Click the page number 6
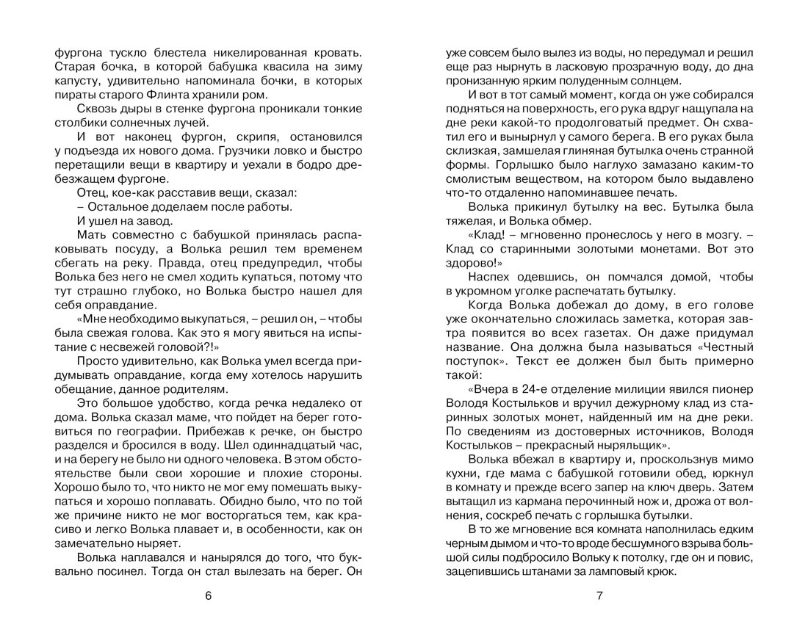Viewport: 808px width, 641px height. point(208,595)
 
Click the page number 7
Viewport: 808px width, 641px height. point(599,595)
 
